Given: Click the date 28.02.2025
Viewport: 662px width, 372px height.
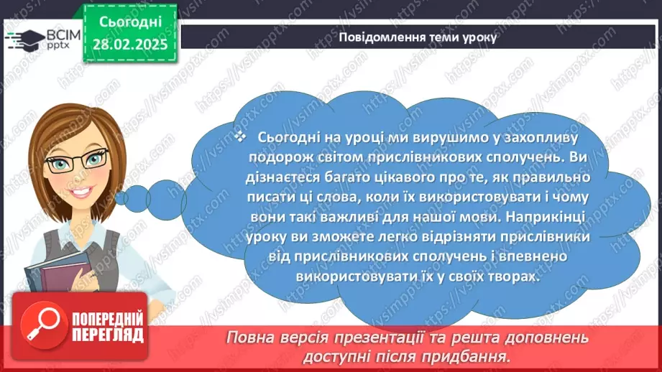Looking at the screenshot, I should click(129, 46).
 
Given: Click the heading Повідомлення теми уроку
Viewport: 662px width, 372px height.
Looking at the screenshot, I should click(417, 38).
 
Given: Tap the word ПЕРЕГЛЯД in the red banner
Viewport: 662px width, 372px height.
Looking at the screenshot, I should click(106, 335).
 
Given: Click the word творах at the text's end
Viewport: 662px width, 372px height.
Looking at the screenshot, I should click(513, 276).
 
